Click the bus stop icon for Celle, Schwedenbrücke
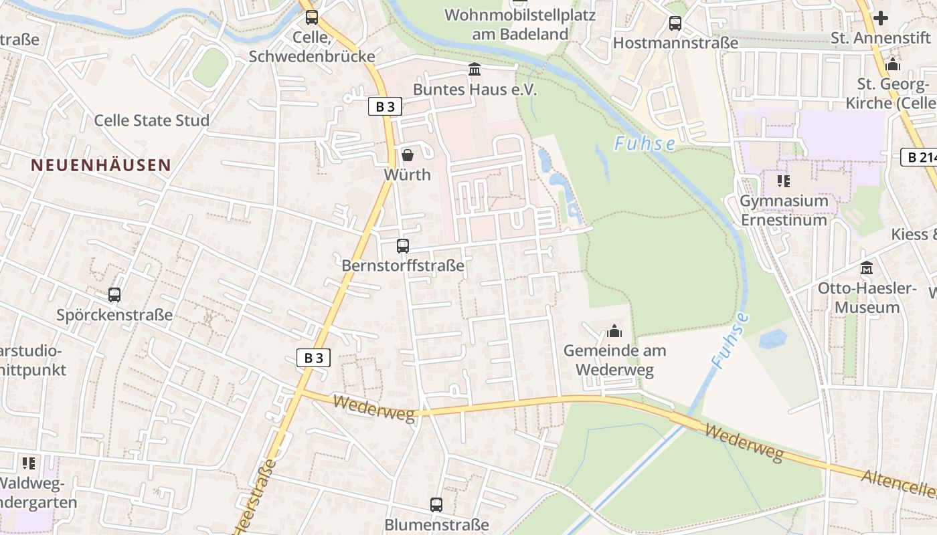(312, 17)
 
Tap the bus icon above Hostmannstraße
(675, 23)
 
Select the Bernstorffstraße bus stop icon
(402, 245)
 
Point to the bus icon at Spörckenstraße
(114, 294)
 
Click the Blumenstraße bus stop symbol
(436, 504)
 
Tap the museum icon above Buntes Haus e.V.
(475, 69)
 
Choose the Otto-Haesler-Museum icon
(867, 267)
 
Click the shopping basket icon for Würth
(407, 155)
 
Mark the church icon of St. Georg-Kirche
(892, 65)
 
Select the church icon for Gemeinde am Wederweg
(614, 330)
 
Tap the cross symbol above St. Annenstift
(881, 18)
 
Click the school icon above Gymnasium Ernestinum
(784, 181)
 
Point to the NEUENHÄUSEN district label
(100, 165)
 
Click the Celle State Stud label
(151, 120)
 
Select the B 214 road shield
(920, 157)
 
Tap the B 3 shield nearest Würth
(385, 106)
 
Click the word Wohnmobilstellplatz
(520, 15)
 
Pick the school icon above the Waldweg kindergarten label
(28, 462)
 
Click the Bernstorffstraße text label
(402, 265)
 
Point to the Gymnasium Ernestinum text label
(784, 210)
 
